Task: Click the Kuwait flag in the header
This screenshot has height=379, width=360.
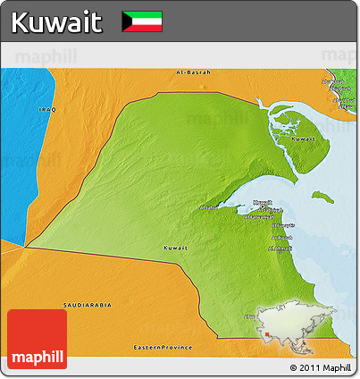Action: (142, 21)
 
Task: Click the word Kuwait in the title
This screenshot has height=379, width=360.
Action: (58, 21)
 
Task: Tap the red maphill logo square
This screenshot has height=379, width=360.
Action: (37, 339)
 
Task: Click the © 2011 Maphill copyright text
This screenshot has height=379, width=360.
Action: (320, 367)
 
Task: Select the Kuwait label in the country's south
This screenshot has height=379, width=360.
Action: (175, 247)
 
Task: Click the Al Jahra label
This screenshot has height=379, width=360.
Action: (208, 207)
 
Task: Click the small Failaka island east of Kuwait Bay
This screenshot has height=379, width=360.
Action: (321, 193)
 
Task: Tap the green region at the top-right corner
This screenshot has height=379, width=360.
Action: (344, 85)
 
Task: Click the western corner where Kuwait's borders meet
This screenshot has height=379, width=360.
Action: (26, 247)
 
